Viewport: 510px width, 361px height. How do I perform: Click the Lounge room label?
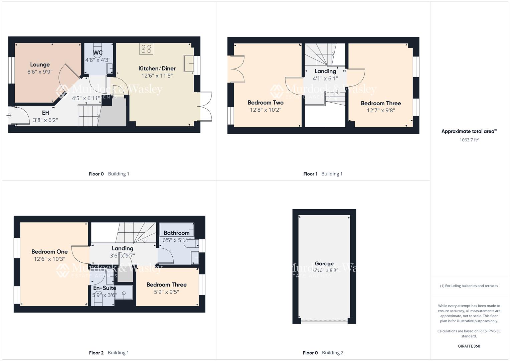click(40, 65)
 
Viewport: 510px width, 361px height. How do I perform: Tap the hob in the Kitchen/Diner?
click(147, 49)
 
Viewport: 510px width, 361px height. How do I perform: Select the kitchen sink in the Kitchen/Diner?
click(188, 63)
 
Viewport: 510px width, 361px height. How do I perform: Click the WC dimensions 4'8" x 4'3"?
click(98, 60)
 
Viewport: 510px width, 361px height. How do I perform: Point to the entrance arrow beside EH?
click(9, 116)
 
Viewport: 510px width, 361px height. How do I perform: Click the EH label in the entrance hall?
click(45, 113)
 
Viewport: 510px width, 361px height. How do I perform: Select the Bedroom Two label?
click(266, 103)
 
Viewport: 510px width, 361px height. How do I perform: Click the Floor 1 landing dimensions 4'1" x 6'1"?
click(325, 79)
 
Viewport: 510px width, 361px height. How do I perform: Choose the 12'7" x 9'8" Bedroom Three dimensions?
click(381, 110)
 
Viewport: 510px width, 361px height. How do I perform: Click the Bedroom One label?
click(49, 252)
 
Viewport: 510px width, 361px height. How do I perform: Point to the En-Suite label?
click(105, 288)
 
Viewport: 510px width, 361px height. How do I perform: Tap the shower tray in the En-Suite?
click(124, 292)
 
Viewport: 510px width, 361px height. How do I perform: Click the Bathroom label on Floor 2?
click(176, 233)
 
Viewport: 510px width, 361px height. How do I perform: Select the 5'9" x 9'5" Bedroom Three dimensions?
click(166, 292)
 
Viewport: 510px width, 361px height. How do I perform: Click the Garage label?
click(324, 263)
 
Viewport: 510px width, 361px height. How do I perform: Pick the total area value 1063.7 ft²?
click(469, 140)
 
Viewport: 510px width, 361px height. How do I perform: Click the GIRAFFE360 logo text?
click(469, 346)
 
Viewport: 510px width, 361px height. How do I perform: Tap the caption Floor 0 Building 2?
click(323, 353)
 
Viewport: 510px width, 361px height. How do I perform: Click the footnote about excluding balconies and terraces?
click(469, 286)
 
